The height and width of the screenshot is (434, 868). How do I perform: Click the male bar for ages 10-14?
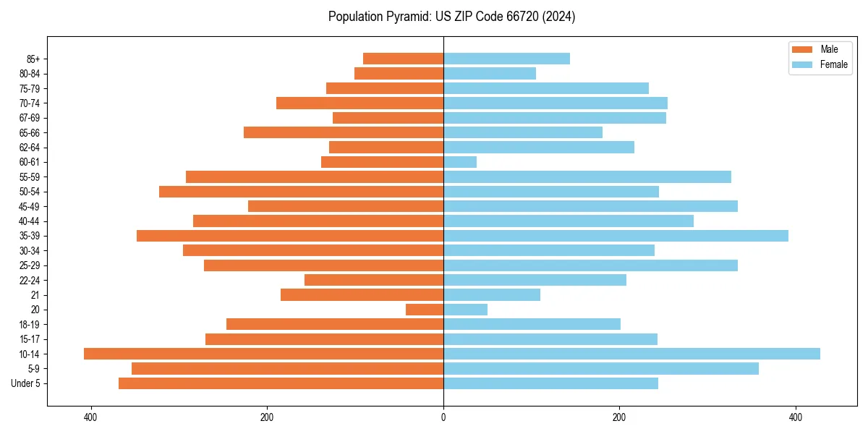(x=263, y=354)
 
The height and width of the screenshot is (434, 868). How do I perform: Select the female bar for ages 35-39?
(x=616, y=236)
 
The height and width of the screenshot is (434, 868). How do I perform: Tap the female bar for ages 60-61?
(x=460, y=162)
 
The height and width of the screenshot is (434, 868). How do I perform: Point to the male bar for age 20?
(x=425, y=310)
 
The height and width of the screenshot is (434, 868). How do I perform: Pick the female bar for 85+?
(x=506, y=59)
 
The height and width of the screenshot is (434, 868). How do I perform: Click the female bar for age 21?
(x=492, y=294)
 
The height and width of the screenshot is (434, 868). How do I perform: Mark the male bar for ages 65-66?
(x=344, y=132)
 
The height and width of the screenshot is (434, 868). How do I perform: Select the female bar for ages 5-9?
(x=601, y=368)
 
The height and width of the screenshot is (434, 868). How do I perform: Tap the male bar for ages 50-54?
(x=301, y=192)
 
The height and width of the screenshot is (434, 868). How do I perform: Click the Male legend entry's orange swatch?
(x=802, y=49)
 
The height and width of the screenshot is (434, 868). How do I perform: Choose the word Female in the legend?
(x=834, y=64)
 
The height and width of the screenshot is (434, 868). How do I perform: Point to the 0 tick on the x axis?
(x=443, y=417)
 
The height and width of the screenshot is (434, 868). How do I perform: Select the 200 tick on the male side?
(x=267, y=417)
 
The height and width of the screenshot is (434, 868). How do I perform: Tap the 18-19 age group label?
(x=30, y=324)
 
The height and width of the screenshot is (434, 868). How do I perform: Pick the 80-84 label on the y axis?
(x=30, y=74)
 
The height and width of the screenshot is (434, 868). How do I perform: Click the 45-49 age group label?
(x=30, y=206)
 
